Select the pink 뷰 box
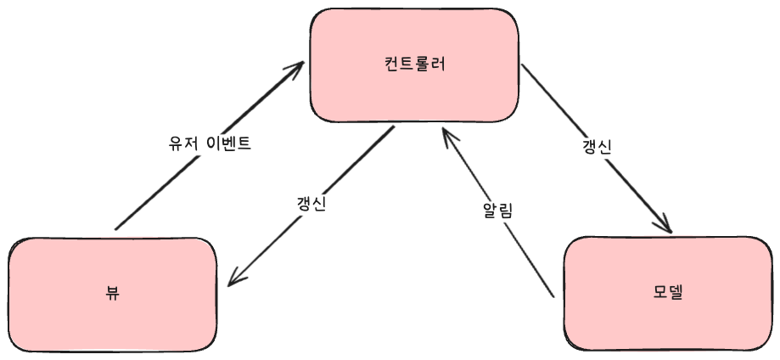(112, 294)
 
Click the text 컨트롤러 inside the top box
(414, 65)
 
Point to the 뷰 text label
(112, 294)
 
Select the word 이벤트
(227, 143)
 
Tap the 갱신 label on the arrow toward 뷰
(311, 205)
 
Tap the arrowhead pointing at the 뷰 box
(236, 278)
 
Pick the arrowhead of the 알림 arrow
(446, 135)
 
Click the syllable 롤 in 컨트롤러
(422, 65)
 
